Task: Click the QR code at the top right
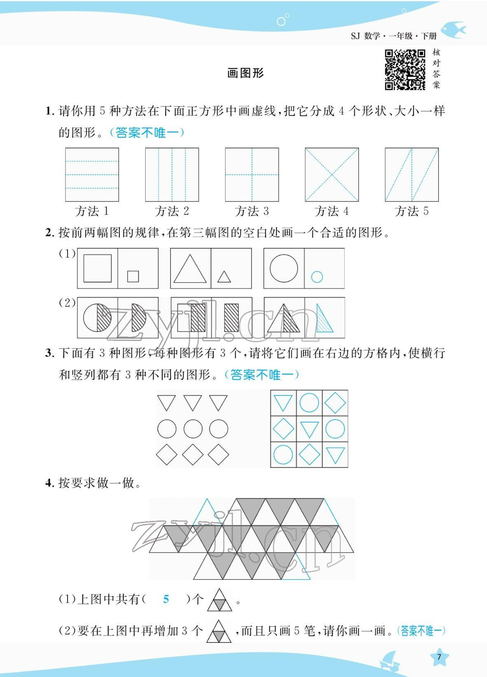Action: (405, 70)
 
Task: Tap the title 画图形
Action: (245, 73)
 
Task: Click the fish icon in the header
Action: (453, 30)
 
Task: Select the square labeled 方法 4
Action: (331, 175)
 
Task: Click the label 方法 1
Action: (92, 211)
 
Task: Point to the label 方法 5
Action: (411, 211)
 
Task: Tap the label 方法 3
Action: (252, 211)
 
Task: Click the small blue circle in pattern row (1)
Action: (317, 277)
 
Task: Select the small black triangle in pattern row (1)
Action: (224, 277)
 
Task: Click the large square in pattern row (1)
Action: (98, 268)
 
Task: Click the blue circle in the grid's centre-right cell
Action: (335, 429)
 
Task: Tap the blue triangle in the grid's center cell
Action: (309, 429)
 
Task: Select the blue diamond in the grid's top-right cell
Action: (335, 403)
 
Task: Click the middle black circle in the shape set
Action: (193, 429)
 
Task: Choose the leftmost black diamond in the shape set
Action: (167, 455)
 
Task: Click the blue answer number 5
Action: (166, 599)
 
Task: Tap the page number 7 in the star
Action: (439, 657)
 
